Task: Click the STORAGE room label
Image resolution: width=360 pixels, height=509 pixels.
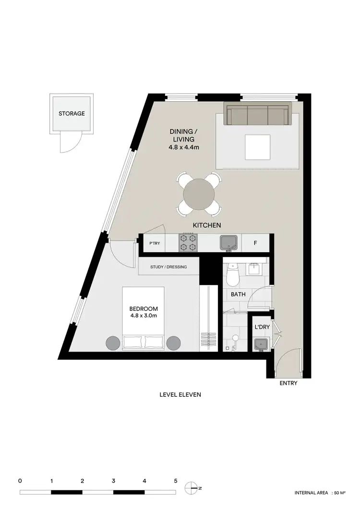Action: pyautogui.click(x=72, y=114)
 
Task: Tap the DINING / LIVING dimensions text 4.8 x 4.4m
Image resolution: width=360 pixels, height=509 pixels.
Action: pyautogui.click(x=184, y=147)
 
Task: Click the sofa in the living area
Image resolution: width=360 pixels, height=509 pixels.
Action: pyautogui.click(x=259, y=115)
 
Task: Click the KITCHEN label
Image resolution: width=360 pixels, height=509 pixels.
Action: pyautogui.click(x=206, y=225)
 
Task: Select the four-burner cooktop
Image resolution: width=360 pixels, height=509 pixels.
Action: pyautogui.click(x=188, y=243)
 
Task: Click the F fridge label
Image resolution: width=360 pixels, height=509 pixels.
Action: pyautogui.click(x=255, y=243)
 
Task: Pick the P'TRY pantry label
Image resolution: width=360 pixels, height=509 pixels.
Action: pyautogui.click(x=155, y=244)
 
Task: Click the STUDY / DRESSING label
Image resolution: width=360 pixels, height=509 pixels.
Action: pyautogui.click(x=168, y=267)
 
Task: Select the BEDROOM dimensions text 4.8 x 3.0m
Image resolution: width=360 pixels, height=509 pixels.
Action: pyautogui.click(x=144, y=316)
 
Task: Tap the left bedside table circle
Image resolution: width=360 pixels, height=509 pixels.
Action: pyautogui.click(x=113, y=343)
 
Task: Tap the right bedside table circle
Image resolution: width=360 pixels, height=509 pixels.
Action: pyautogui.click(x=173, y=343)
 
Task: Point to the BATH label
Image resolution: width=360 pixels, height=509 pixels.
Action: pyautogui.click(x=238, y=295)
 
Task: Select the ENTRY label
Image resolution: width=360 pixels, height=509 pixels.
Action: pyautogui.click(x=288, y=383)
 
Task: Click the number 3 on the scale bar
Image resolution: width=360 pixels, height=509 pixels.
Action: pyautogui.click(x=113, y=481)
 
